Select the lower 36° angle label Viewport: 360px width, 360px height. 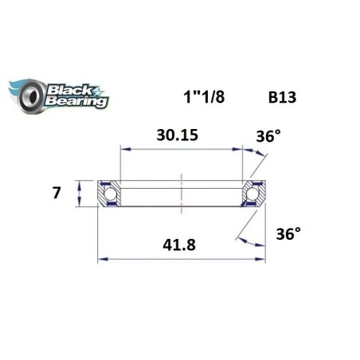(x=288, y=236)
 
